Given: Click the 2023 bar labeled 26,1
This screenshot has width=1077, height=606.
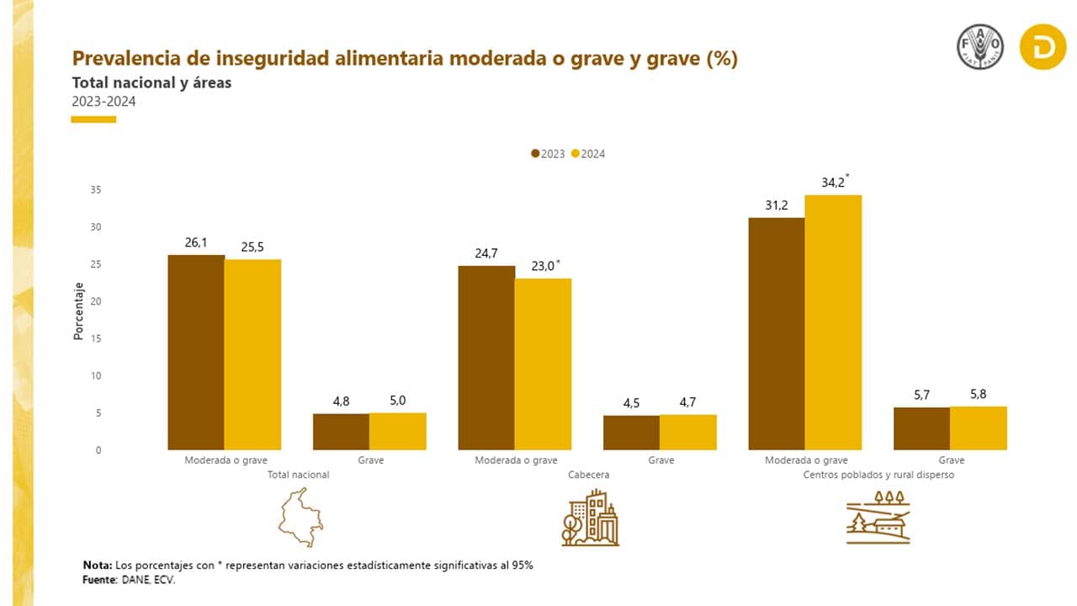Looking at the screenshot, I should (196, 352).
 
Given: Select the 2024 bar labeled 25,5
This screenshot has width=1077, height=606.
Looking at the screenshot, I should (252, 354).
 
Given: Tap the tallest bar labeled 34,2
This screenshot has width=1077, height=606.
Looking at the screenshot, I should (833, 322).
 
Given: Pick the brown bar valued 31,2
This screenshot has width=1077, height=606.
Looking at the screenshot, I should (776, 333).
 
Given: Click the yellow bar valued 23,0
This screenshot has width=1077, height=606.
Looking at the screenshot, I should (543, 364).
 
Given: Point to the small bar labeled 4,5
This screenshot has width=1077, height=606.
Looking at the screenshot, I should (631, 433).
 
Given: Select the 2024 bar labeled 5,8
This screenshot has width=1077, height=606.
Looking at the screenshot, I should (979, 428).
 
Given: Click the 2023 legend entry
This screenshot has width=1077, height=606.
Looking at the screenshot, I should (548, 154).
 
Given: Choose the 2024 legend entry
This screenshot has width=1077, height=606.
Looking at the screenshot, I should (588, 154).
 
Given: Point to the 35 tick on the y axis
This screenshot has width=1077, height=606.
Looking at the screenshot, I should (96, 190).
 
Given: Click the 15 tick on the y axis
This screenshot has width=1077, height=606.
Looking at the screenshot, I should (96, 338).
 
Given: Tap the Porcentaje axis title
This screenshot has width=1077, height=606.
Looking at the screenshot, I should (78, 311).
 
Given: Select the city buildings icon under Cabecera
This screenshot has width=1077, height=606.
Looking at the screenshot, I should (590, 518).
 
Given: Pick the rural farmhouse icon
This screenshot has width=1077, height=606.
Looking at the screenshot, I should (878, 517).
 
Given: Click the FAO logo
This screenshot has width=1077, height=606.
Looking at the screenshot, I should (979, 47).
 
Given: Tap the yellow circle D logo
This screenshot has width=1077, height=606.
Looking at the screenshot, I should (1043, 47).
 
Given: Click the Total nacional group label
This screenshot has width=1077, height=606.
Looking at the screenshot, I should (298, 475).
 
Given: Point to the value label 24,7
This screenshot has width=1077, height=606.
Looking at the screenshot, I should (486, 252).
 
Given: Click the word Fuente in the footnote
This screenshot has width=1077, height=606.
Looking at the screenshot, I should (99, 581).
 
